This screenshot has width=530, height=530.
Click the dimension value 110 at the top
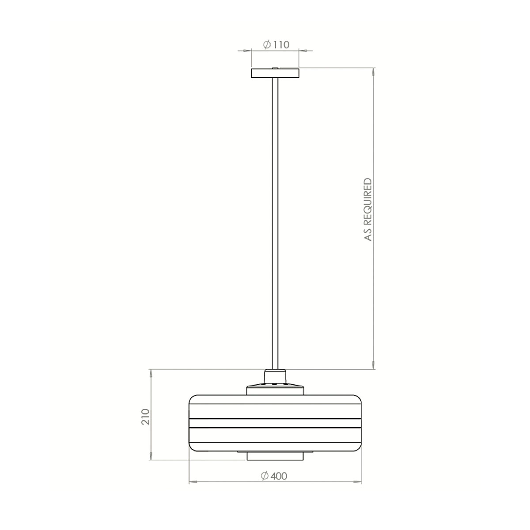pos(281,45)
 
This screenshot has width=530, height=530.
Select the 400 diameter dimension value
pos(279,476)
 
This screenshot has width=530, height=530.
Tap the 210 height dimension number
pos(146,416)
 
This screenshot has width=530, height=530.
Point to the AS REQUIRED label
pos(368,209)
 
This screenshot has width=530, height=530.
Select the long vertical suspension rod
pos(275,221)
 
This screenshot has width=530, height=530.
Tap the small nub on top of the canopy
pos(275,68)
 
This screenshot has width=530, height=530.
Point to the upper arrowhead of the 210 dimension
pos(151,373)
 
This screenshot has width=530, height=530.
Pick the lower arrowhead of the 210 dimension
pos(151,457)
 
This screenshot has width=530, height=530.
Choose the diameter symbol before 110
pos(267,45)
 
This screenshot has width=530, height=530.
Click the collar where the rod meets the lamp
pos(275,376)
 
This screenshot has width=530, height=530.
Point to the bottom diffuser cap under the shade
pos(275,456)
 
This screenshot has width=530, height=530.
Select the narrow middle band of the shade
pos(275,423)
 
